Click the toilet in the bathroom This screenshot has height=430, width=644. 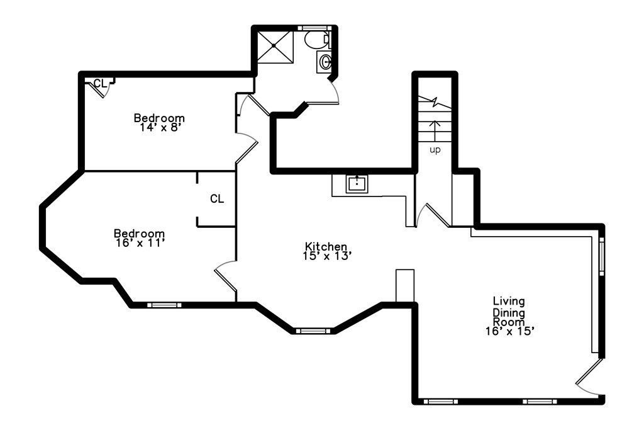[317, 40]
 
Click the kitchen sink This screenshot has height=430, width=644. [357, 183]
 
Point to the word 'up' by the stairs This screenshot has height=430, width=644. [435, 150]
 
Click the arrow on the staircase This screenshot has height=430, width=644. [435, 131]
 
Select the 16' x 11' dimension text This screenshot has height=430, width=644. [140, 243]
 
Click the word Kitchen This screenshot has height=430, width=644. [326, 246]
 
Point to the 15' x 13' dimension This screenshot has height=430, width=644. [327, 256]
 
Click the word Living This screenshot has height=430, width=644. [509, 302]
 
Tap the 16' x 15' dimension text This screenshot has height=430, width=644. [509, 331]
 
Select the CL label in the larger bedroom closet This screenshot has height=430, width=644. [217, 199]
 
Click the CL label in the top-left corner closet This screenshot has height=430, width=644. [100, 84]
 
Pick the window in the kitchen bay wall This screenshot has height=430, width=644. [313, 331]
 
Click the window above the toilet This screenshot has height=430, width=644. [313, 28]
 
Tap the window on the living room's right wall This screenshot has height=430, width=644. [602, 256]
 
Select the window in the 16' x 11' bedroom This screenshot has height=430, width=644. [164, 305]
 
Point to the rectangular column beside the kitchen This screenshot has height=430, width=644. [405, 286]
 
